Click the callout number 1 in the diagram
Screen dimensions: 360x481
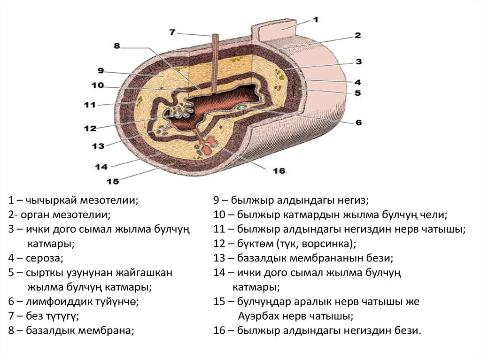coord(316,20)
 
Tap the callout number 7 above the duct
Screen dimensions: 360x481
coord(172,32)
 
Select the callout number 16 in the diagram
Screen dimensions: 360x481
coord(279,171)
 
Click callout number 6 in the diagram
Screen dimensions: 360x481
coord(358,123)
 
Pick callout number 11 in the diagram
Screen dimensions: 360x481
coord(89,104)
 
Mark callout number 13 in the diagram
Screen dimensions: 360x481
coord(98,146)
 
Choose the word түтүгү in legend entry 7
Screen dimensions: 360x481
coord(60,315)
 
